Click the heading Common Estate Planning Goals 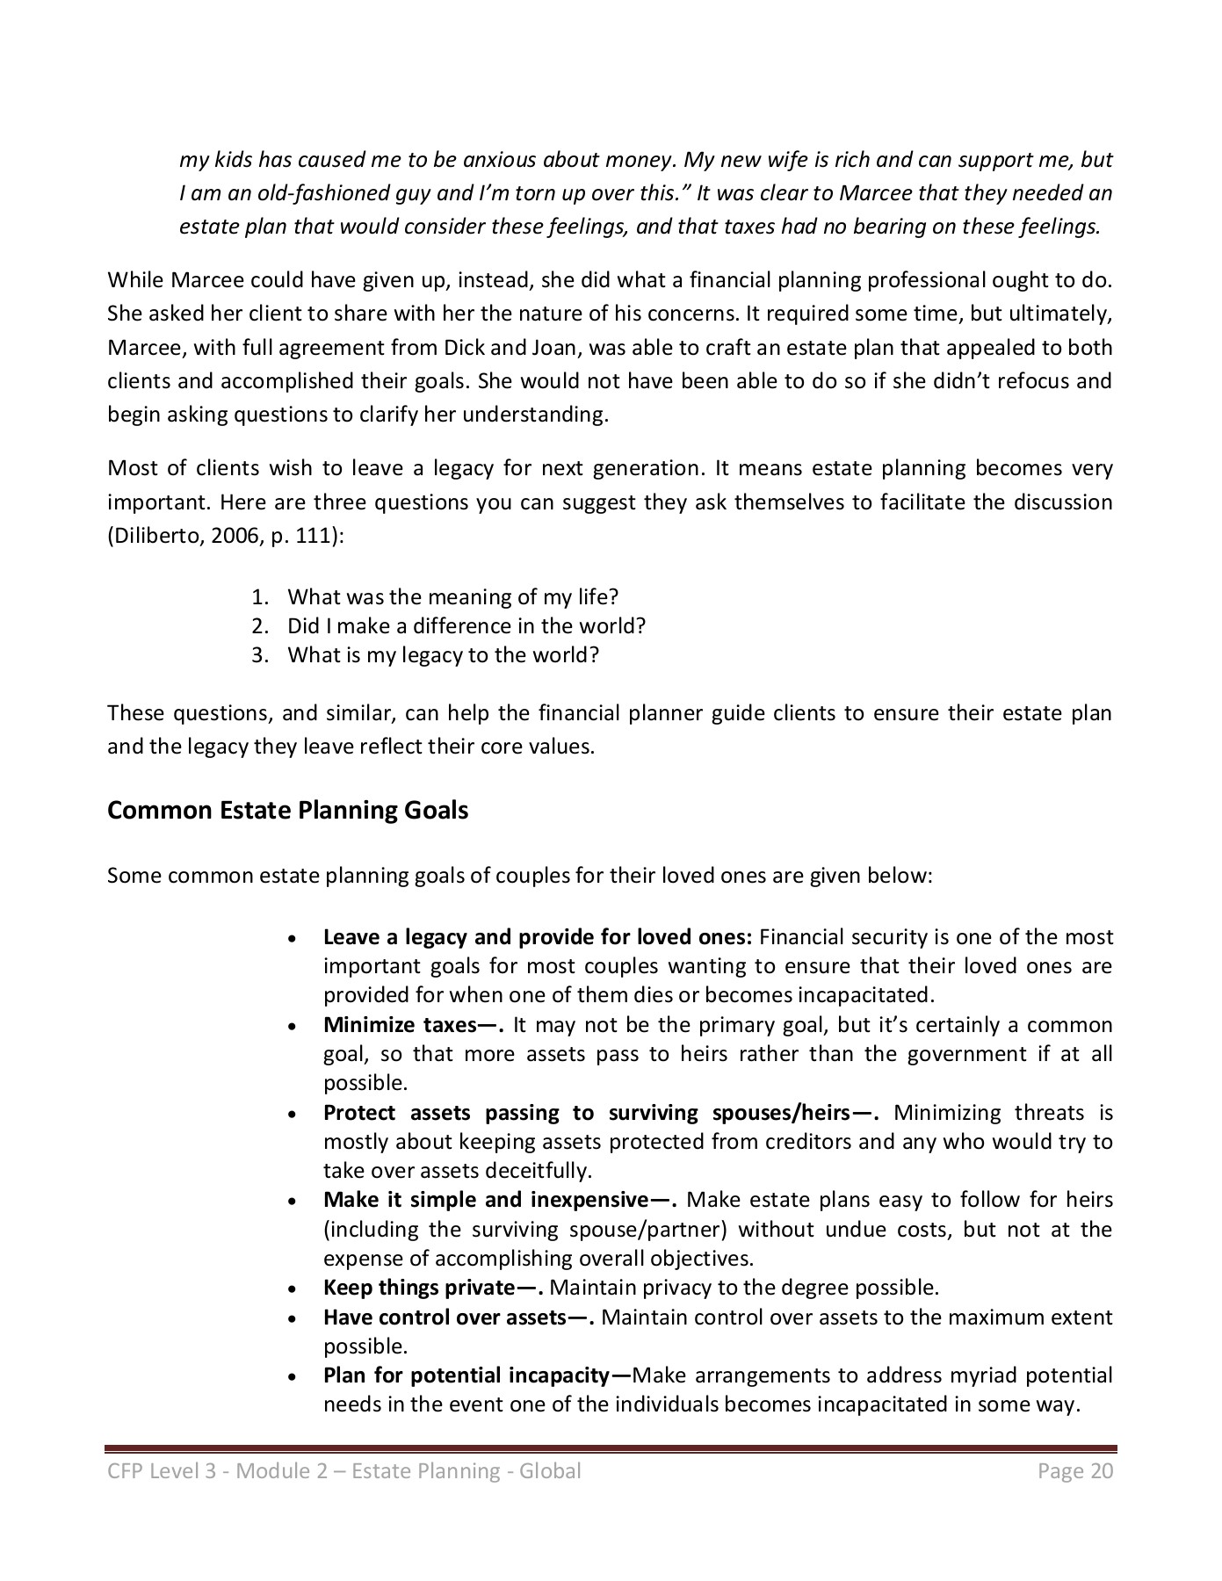[287, 810]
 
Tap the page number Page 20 [1074, 1470]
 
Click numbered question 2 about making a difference [466, 626]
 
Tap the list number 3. [258, 655]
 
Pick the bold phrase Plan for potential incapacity [476, 1375]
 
